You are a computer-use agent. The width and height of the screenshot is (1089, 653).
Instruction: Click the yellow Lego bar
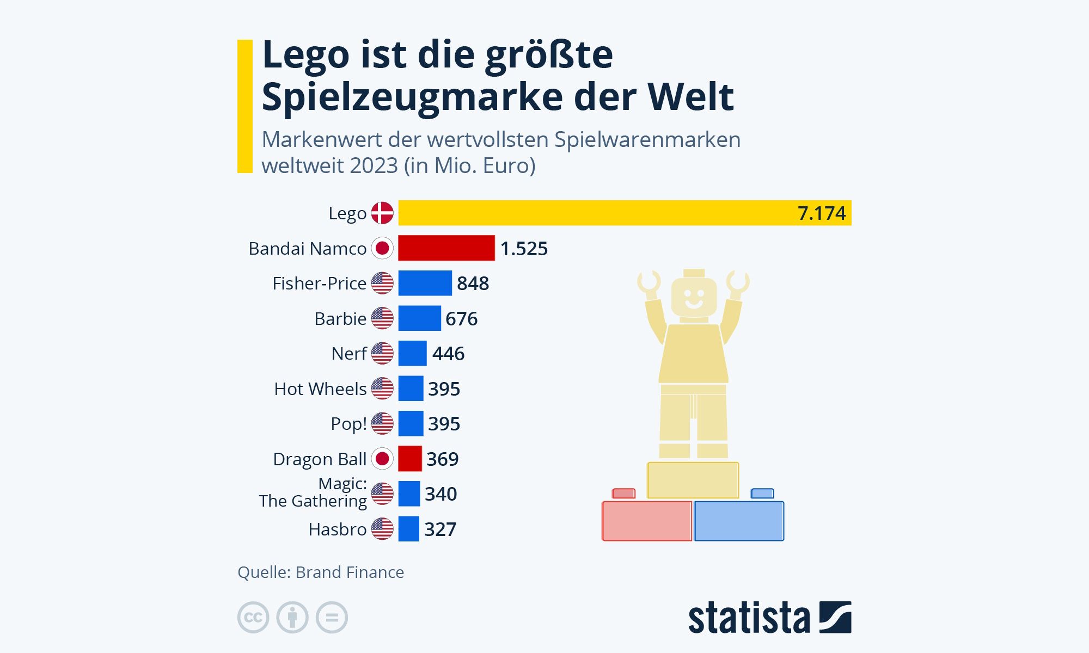pos(599,213)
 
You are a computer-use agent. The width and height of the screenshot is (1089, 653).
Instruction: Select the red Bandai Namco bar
pos(446,248)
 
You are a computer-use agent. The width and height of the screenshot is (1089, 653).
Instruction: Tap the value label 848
pos(473,284)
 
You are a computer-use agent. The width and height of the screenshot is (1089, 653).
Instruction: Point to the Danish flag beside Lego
pos(382,213)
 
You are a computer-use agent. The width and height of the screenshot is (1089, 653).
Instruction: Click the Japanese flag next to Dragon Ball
pos(382,459)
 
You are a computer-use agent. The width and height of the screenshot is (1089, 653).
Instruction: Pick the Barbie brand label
pos(340,318)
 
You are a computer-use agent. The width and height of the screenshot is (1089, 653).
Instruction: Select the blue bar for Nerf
pos(412,354)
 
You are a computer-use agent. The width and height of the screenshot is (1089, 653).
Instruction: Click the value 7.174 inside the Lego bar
pos(821,213)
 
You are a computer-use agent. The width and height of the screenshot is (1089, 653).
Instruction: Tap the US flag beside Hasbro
pos(382,529)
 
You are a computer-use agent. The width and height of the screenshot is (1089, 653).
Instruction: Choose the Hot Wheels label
pos(320,389)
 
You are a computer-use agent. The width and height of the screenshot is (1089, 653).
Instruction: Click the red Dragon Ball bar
pos(410,459)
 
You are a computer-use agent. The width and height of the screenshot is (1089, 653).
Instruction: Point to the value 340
pos(441,494)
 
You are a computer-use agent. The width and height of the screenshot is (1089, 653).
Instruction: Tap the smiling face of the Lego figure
pos(694,298)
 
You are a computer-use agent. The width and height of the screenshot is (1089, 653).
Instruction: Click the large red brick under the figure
pos(646,521)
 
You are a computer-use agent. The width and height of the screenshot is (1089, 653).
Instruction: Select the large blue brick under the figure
pos(739,521)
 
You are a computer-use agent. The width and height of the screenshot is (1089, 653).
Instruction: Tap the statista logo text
pos(749,618)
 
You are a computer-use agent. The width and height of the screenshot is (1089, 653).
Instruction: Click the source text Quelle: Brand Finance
pos(321,572)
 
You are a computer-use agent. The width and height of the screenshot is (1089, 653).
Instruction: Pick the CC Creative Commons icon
pos(253,618)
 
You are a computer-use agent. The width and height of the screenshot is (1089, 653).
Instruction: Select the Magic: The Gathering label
pos(313,492)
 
